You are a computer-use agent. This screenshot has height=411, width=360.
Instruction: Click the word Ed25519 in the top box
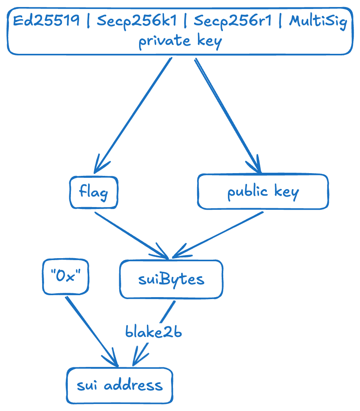(x=46, y=21)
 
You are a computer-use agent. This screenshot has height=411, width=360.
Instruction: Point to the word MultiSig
(x=318, y=21)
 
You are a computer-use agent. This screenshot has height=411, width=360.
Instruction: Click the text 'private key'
(x=180, y=41)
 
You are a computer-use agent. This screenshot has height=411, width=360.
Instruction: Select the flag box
(x=94, y=192)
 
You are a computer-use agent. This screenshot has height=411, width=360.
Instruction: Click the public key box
(x=263, y=192)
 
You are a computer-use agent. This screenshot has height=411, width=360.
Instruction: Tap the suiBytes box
(x=171, y=279)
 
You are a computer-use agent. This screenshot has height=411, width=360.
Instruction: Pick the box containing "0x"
(x=65, y=276)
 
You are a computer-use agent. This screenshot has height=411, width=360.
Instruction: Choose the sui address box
(x=119, y=385)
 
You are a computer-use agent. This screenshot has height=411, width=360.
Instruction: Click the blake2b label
(x=154, y=332)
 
